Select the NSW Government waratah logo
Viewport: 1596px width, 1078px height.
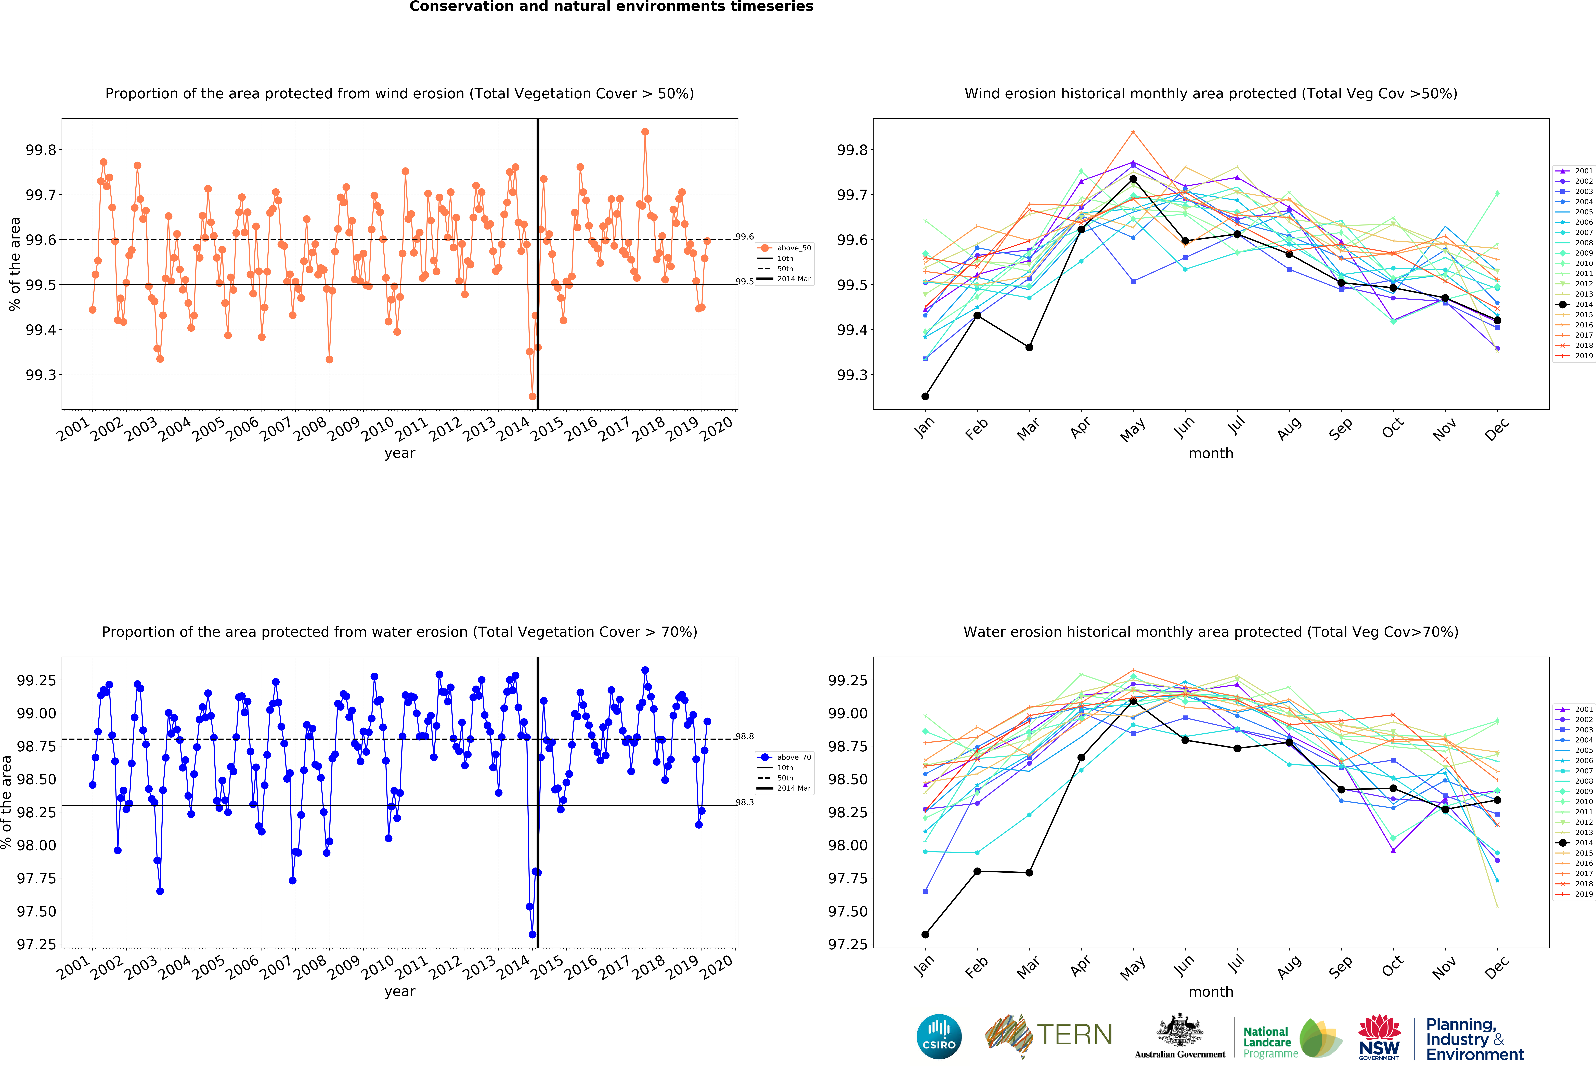1378,1037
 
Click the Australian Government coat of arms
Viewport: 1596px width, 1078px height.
1179,1030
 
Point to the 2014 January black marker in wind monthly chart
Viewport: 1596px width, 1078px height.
925,396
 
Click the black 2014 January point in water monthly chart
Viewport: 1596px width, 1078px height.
925,935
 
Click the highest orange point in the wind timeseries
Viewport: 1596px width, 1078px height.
645,132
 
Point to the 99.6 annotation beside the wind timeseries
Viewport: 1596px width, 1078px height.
745,237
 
